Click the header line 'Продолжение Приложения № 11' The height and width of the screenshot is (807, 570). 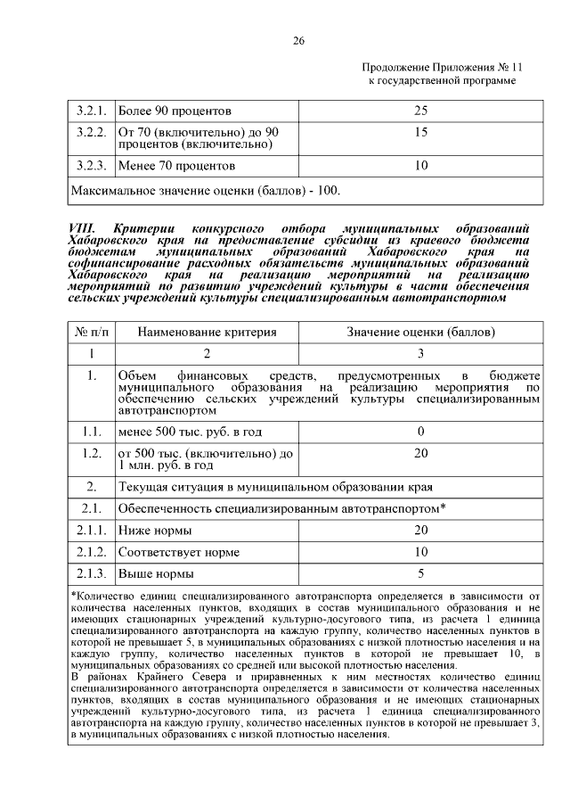(x=441, y=68)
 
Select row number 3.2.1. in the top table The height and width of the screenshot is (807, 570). (x=91, y=111)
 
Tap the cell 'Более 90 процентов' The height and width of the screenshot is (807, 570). (x=175, y=111)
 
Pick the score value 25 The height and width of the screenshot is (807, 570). (x=421, y=111)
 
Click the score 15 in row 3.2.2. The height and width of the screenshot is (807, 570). (x=421, y=132)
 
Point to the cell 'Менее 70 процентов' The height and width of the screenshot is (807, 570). (x=176, y=165)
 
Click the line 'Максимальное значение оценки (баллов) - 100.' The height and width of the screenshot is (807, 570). (x=205, y=190)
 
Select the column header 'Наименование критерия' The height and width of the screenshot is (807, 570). (x=207, y=332)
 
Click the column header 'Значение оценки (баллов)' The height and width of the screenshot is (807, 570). (x=421, y=332)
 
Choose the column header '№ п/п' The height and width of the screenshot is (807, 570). (x=91, y=332)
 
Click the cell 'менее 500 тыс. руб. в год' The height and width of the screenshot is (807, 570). (x=190, y=432)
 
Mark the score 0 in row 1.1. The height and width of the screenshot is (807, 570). (x=421, y=432)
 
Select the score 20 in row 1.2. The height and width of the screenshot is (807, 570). (x=421, y=453)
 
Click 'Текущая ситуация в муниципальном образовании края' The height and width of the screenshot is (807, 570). (x=275, y=487)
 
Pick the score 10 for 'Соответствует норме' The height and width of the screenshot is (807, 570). (x=421, y=552)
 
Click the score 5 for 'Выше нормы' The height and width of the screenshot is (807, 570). (x=421, y=573)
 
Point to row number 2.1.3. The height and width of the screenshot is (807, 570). (x=91, y=573)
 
